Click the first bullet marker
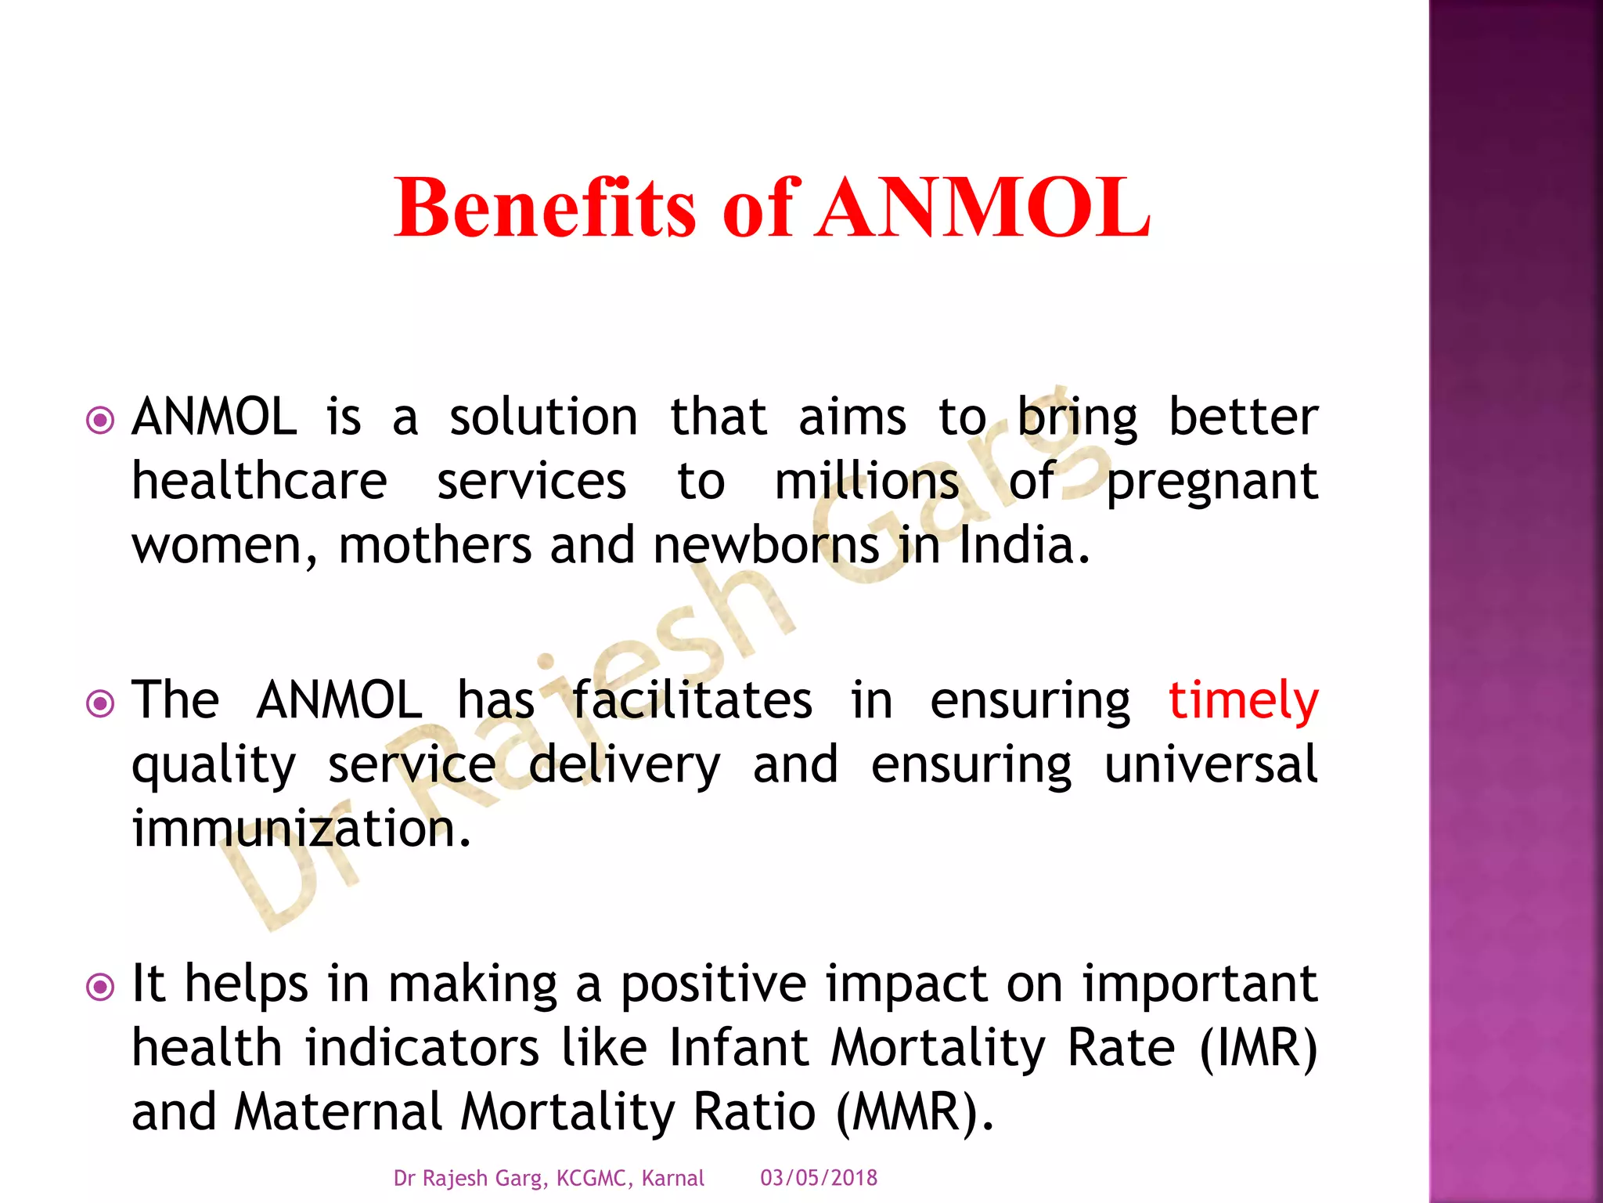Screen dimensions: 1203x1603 click(x=100, y=421)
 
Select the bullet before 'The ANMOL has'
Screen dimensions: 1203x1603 click(x=100, y=703)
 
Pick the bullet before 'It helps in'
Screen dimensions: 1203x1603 click(x=100, y=987)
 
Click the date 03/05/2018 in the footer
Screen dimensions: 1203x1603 click(x=819, y=1178)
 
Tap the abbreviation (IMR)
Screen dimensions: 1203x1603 click(x=1258, y=1048)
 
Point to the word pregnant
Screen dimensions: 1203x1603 click(x=1211, y=482)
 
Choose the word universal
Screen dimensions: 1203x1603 click(x=1211, y=764)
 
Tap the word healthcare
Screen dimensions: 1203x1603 click(x=259, y=481)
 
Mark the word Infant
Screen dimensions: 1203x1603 click(x=738, y=1048)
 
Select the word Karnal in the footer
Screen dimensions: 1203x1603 click(x=672, y=1178)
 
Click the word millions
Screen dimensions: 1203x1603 click(x=866, y=481)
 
